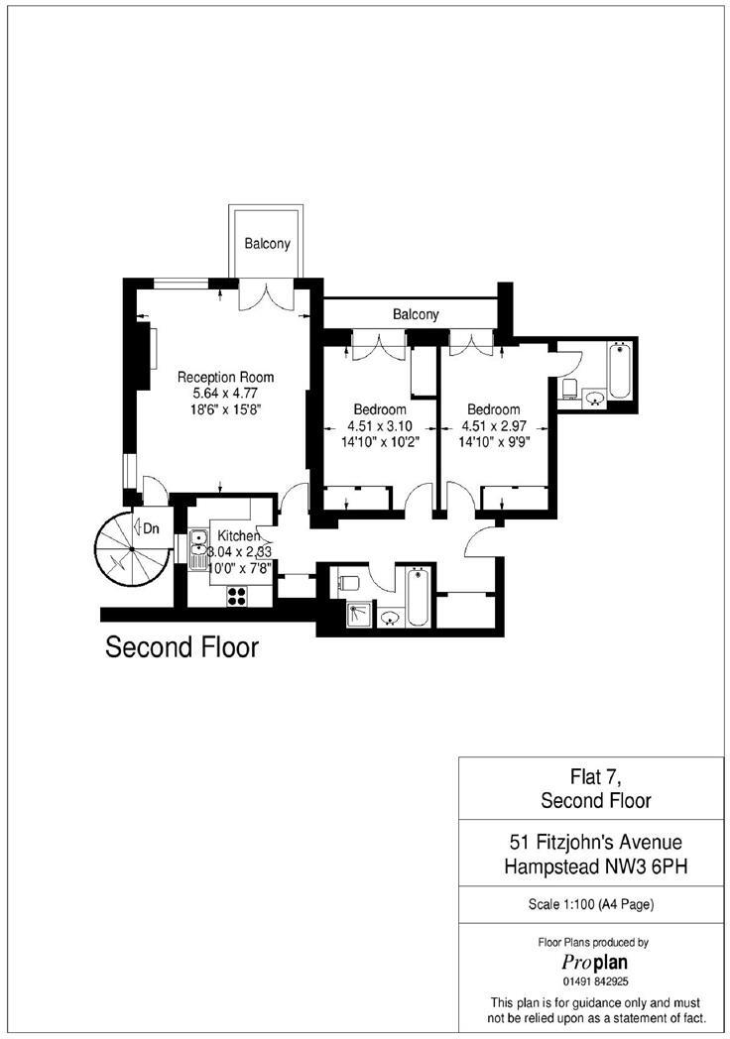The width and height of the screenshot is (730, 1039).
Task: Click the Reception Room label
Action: click(x=225, y=377)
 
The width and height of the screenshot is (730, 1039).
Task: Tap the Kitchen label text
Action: click(x=239, y=535)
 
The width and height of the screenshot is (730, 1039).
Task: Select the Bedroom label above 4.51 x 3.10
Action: click(x=380, y=409)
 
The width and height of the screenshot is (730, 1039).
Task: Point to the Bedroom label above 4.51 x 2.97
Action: click(x=493, y=409)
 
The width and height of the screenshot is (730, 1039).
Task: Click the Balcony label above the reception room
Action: click(x=268, y=243)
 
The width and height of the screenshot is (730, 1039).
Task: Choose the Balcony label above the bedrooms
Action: click(x=416, y=314)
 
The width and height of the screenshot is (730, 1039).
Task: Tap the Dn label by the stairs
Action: click(x=151, y=528)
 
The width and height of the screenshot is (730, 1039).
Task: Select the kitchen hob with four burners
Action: click(x=237, y=595)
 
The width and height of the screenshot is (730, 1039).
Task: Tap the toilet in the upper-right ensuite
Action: click(x=569, y=388)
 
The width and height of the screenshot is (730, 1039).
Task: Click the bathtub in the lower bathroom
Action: click(x=417, y=596)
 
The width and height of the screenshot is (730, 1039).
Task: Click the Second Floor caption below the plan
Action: click(x=182, y=648)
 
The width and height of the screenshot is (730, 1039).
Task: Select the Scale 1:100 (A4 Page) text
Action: click(x=590, y=904)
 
